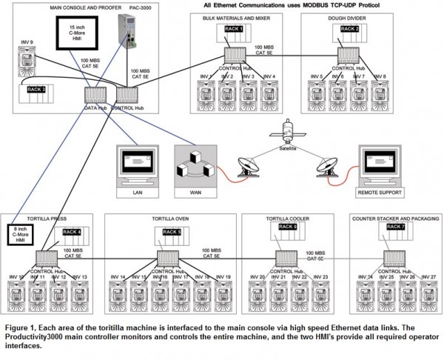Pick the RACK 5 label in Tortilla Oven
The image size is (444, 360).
click(172, 232)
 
